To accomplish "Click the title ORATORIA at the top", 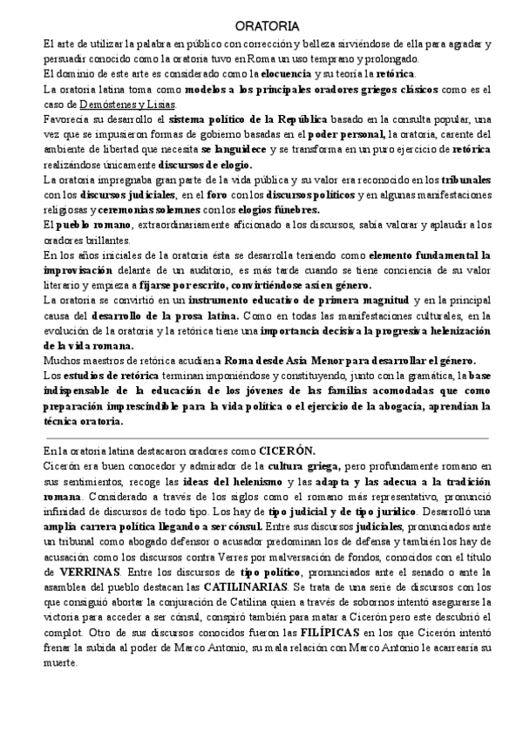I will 261,27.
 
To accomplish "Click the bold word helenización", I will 456,330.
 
